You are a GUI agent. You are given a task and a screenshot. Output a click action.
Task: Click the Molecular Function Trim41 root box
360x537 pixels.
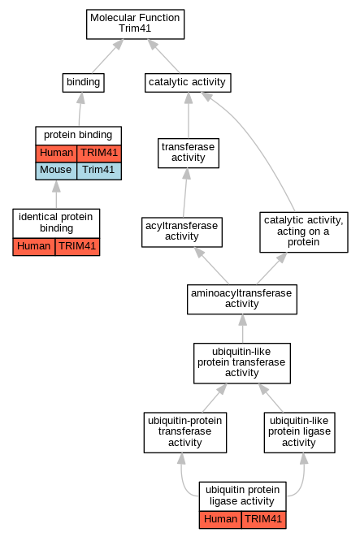(x=135, y=24)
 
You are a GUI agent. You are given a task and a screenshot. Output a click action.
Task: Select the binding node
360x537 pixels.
(x=83, y=83)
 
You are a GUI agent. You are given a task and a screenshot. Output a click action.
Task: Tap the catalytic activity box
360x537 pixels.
(x=188, y=83)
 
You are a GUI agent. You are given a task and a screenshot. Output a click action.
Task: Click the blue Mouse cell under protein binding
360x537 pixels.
(x=56, y=171)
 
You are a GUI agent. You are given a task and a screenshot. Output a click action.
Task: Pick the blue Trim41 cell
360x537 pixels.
(x=99, y=171)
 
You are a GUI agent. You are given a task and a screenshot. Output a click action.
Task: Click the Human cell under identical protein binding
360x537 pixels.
(x=34, y=247)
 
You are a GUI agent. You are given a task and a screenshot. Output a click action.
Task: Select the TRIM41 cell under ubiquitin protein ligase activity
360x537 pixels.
(x=263, y=520)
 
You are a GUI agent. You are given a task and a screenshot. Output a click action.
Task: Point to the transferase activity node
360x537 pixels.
(x=189, y=153)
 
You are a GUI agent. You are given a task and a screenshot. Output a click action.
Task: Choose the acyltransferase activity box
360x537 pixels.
(x=182, y=232)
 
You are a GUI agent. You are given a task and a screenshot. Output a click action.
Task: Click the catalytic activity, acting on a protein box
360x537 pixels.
(x=304, y=232)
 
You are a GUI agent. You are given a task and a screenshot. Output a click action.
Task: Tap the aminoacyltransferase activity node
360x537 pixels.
(x=242, y=299)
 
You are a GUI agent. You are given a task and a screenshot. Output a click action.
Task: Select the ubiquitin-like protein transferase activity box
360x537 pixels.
(x=242, y=363)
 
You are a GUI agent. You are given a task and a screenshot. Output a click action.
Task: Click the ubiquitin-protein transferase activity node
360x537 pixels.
(x=185, y=432)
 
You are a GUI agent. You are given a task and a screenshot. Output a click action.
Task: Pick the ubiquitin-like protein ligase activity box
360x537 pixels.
(x=299, y=432)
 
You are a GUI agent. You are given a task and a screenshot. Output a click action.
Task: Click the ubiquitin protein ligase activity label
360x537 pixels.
(x=242, y=496)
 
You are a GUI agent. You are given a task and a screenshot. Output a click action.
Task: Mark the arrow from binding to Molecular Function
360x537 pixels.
(x=107, y=57)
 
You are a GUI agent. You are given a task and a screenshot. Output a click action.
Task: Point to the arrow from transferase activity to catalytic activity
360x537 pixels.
(x=189, y=115)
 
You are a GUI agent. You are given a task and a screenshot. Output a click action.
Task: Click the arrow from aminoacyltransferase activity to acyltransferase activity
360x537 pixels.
(x=211, y=266)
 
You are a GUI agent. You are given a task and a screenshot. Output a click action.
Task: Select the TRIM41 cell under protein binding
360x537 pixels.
(x=99, y=154)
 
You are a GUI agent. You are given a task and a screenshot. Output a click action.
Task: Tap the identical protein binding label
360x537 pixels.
(x=56, y=223)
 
